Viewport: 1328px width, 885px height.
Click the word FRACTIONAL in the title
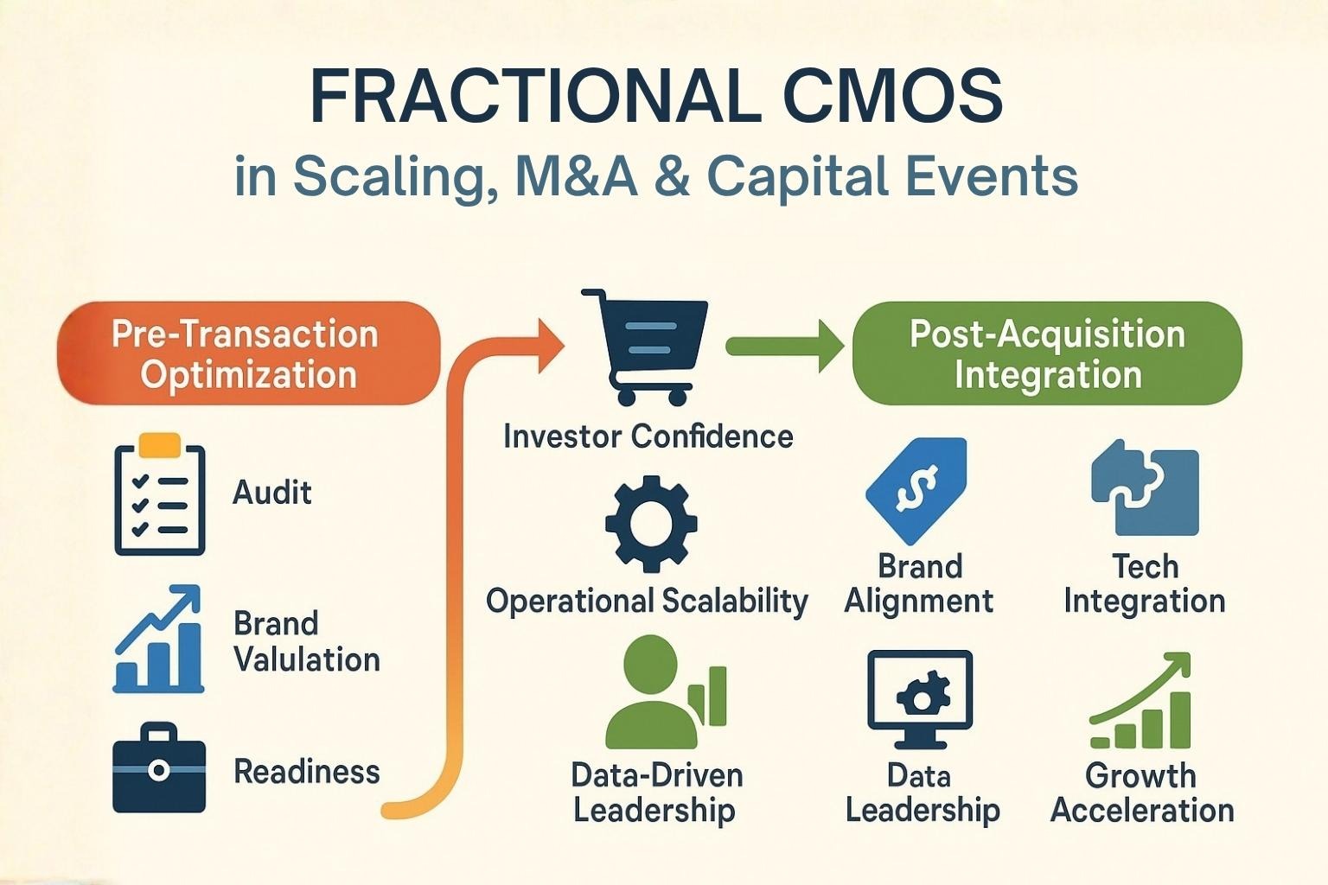pyautogui.click(x=535, y=96)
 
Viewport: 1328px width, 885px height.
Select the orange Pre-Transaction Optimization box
pyautogui.click(x=249, y=353)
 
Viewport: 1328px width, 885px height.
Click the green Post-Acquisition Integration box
pyautogui.click(x=1047, y=353)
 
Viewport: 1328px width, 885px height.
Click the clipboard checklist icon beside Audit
pyautogui.click(x=159, y=493)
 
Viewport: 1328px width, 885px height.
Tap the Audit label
pyautogui.click(x=272, y=493)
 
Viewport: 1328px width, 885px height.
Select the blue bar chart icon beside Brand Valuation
pyautogui.click(x=158, y=639)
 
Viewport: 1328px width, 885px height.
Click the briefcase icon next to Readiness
pyautogui.click(x=159, y=767)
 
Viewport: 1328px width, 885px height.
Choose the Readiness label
pyautogui.click(x=307, y=772)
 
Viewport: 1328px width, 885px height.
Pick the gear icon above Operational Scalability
pyautogui.click(x=651, y=524)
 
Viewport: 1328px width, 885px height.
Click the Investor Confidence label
pyautogui.click(x=648, y=436)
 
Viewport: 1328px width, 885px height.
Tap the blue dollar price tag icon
pyautogui.click(x=916, y=491)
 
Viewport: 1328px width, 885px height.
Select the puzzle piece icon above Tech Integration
pyautogui.click(x=1145, y=487)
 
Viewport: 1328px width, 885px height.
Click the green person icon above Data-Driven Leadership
pyautogui.click(x=666, y=691)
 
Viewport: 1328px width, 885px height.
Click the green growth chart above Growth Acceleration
pyautogui.click(x=1140, y=700)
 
